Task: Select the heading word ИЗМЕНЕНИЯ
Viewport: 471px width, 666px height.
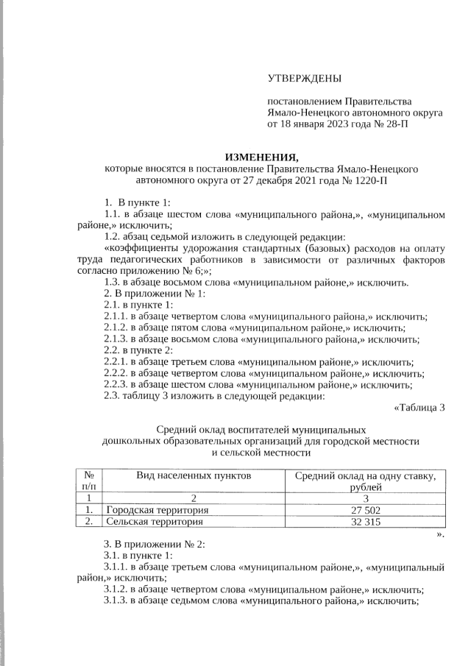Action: coord(262,157)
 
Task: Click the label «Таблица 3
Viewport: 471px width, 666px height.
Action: coord(419,406)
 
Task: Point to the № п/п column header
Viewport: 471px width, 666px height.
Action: coord(88,482)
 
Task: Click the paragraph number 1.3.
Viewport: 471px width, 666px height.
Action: coord(113,283)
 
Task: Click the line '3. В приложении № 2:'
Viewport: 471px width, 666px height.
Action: coord(154,545)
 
